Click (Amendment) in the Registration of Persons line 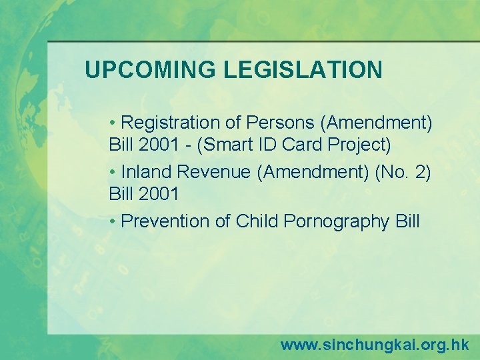pos(377,123)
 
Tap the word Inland pos(147,172)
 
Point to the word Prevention pos(166,221)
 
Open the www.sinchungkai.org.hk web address pos(374,345)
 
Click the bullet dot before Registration pos(114,123)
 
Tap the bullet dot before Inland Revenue pos(114,173)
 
